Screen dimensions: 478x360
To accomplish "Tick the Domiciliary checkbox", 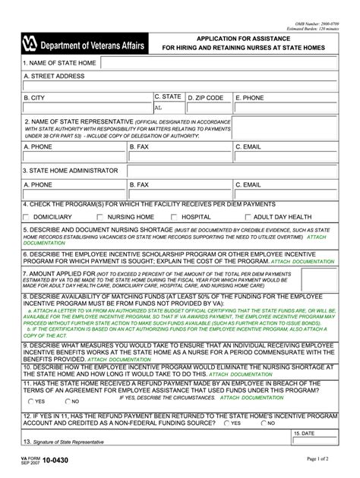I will point(27,217).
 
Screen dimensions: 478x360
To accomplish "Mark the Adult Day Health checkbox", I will point(248,217).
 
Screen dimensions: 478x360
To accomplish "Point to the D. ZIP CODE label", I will point(205,98).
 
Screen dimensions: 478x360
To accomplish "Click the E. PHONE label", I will point(250,98).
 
